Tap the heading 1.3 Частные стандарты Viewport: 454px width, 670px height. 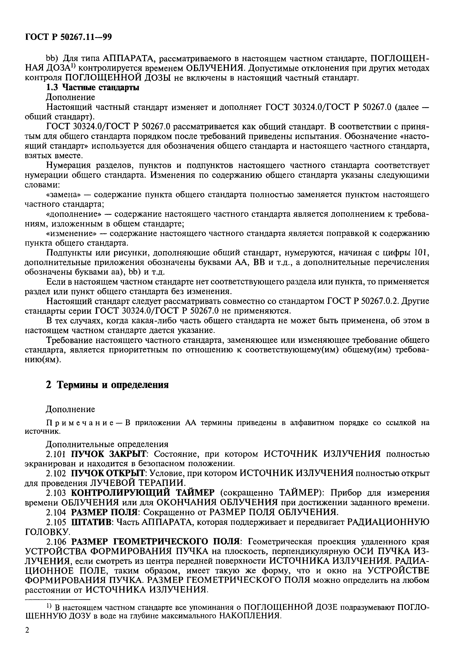click(x=92, y=88)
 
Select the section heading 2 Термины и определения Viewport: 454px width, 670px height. click(x=107, y=385)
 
